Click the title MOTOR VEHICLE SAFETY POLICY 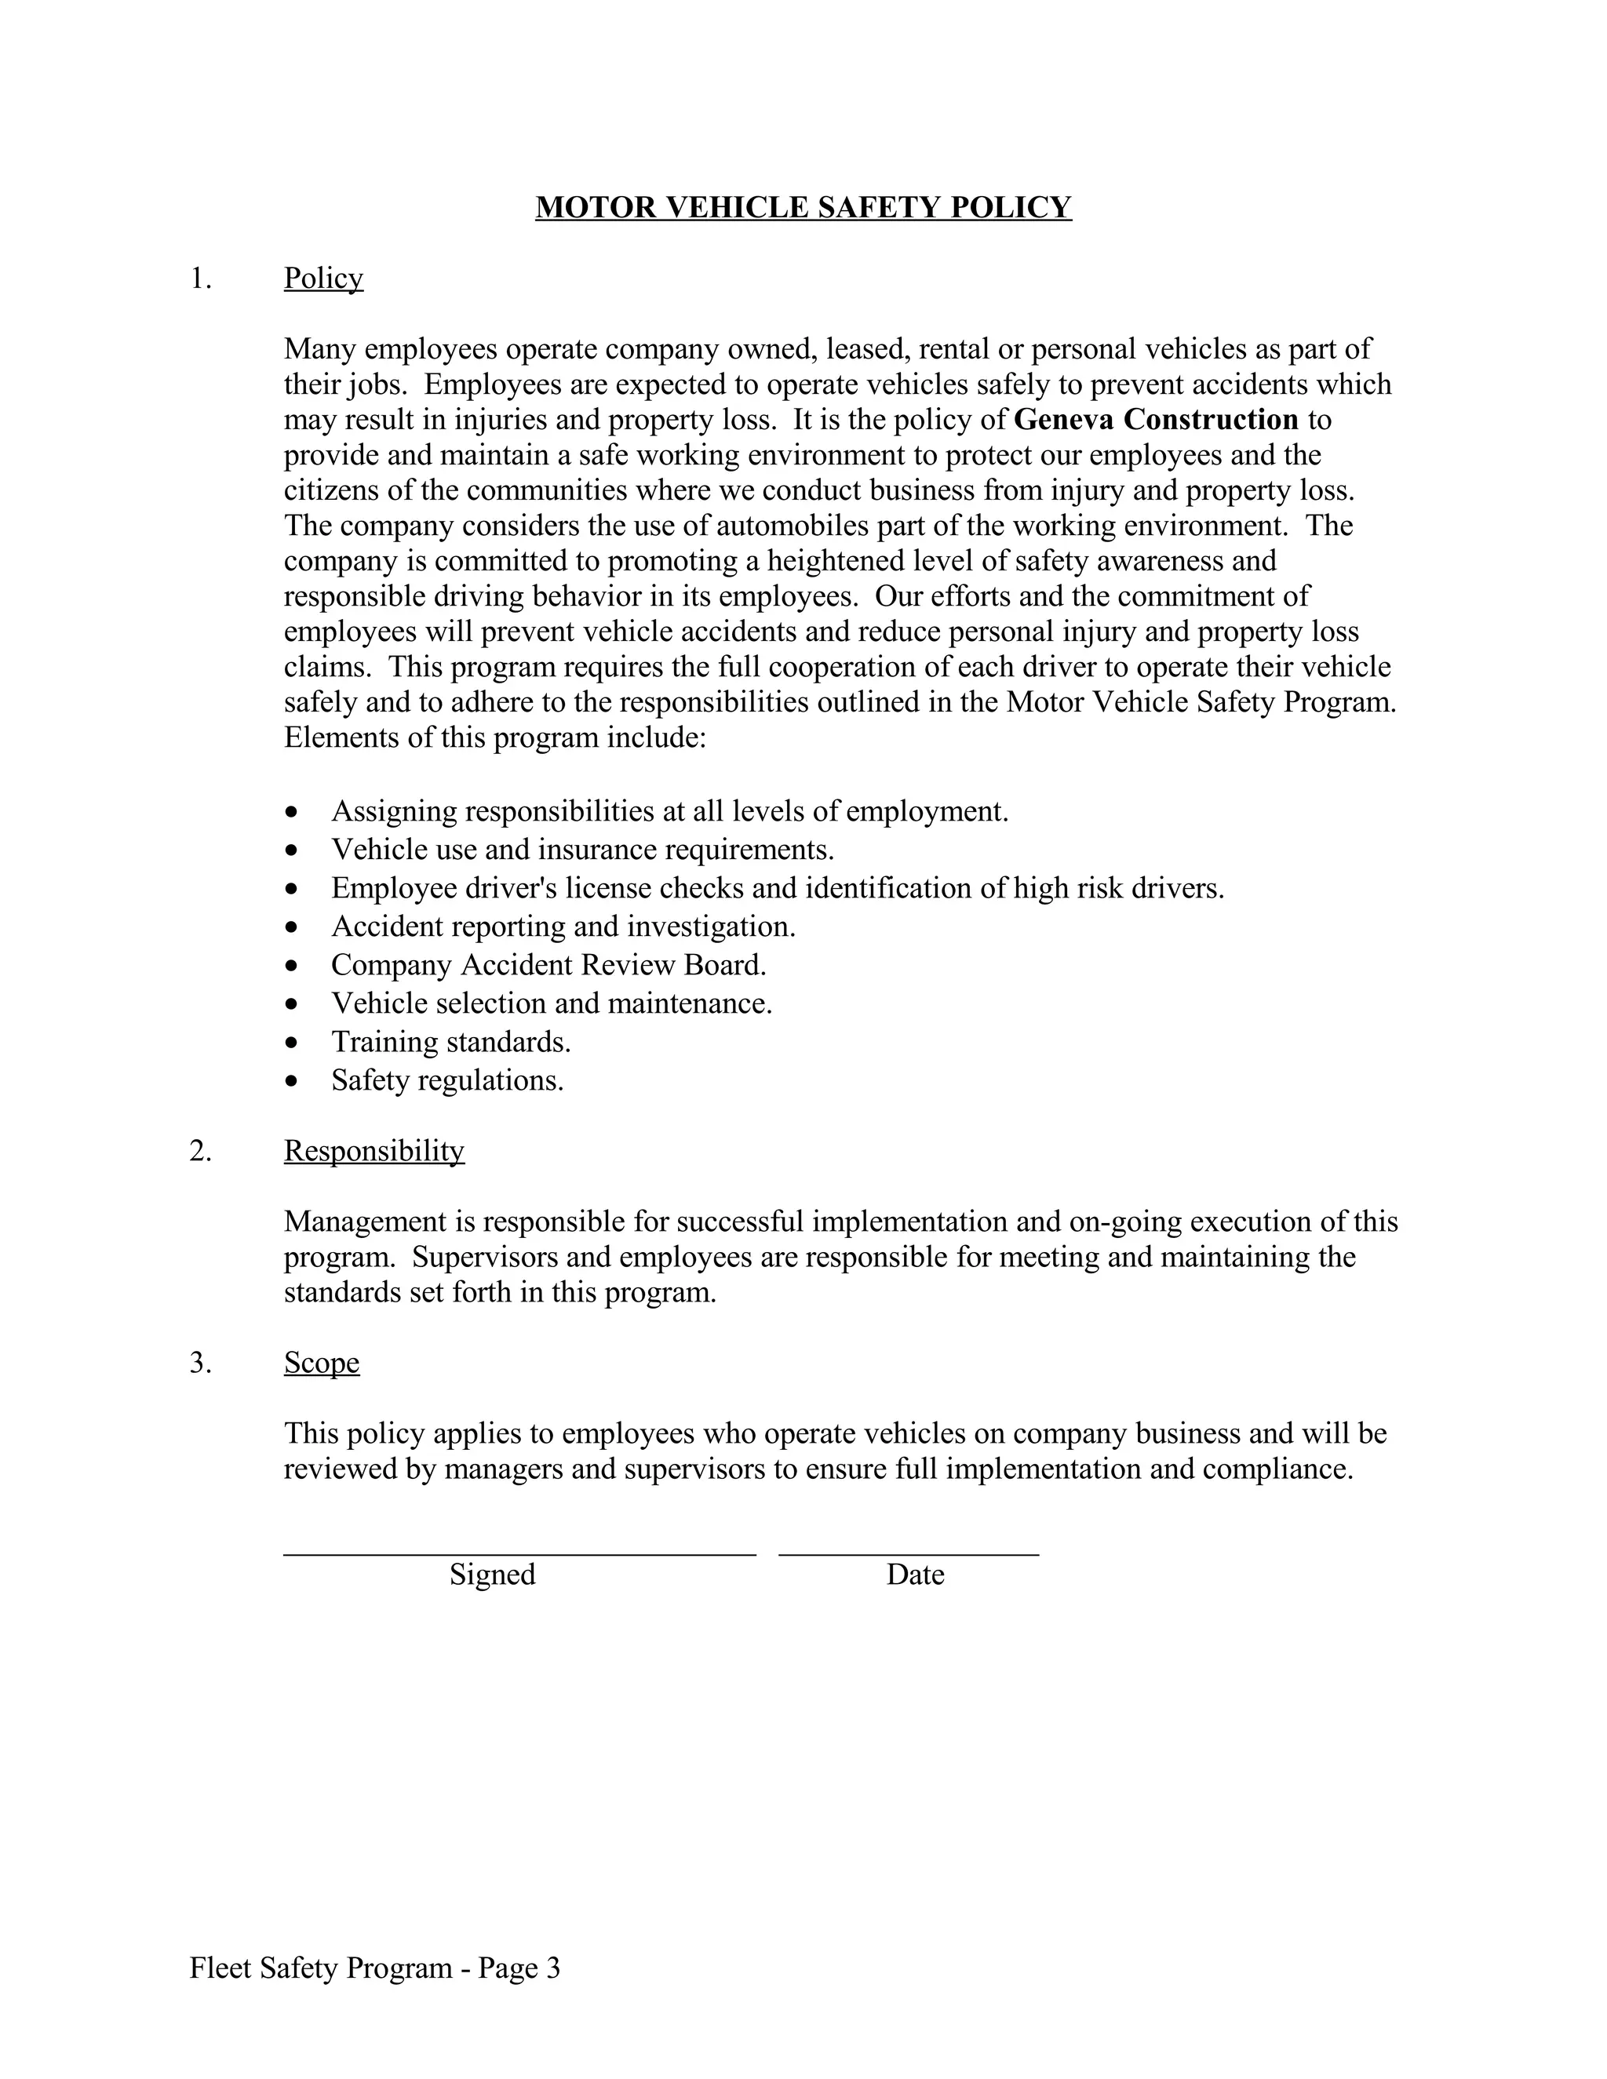coord(803,208)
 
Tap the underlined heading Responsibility coord(374,1151)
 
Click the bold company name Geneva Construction coord(1156,420)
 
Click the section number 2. coord(200,1151)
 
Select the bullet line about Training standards coord(450,1043)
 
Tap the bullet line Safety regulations coord(447,1080)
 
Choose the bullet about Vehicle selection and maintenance coord(551,1003)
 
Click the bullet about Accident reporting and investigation coord(563,927)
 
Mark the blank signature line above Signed coord(519,1553)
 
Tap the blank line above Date coord(908,1553)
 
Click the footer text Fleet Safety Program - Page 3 coord(374,1968)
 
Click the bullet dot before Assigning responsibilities coord(291,813)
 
